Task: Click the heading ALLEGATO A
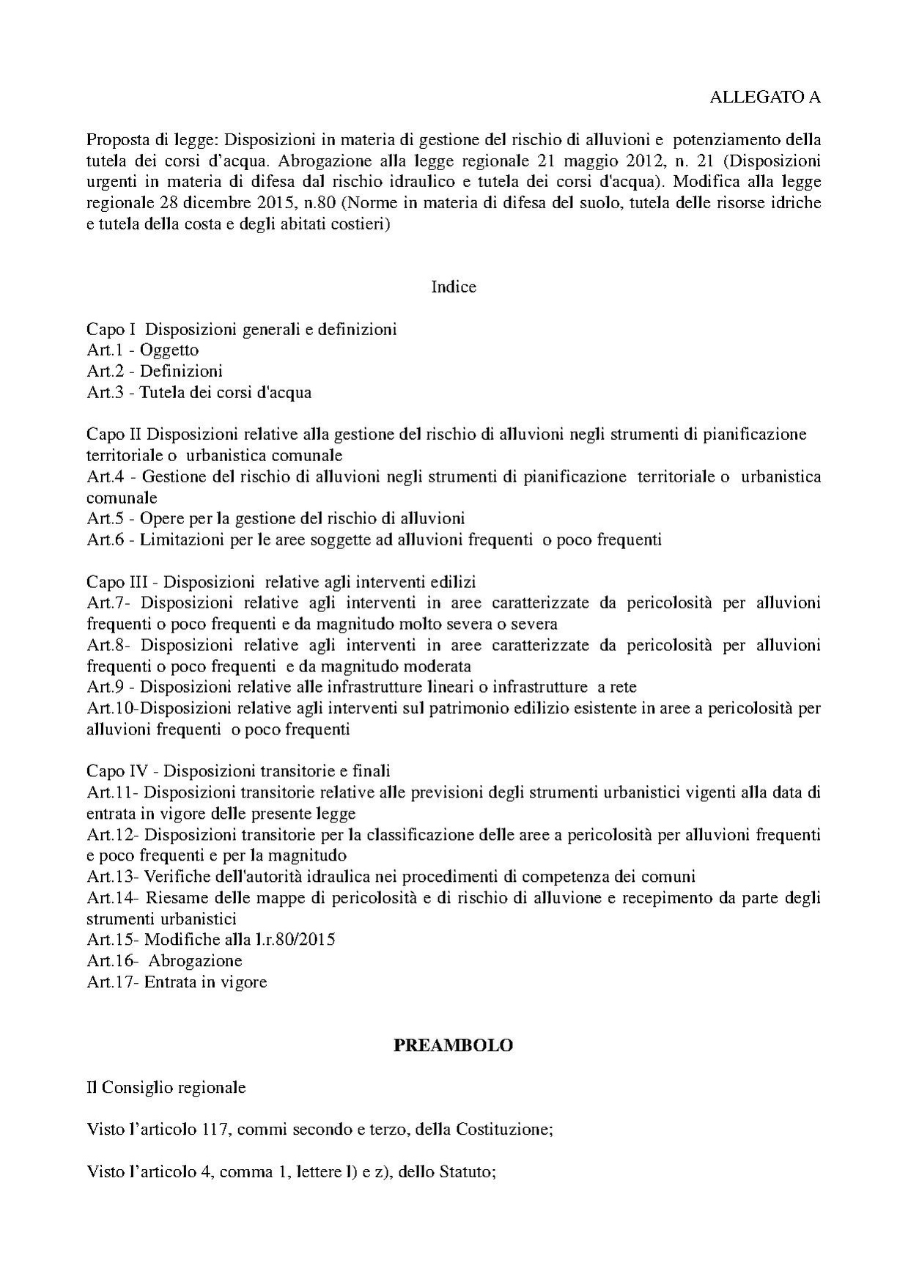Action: (x=765, y=97)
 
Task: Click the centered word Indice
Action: (x=454, y=287)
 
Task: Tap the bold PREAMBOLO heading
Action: (x=453, y=1045)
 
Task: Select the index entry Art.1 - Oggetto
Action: (x=143, y=350)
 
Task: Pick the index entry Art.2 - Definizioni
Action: (x=155, y=371)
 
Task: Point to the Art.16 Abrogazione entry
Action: (x=164, y=960)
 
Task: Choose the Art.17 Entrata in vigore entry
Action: (x=177, y=982)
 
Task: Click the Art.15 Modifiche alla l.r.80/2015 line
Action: (x=211, y=939)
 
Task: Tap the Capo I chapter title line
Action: (x=242, y=329)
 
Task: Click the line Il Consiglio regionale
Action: (x=166, y=1087)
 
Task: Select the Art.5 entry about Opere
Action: (x=276, y=519)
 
